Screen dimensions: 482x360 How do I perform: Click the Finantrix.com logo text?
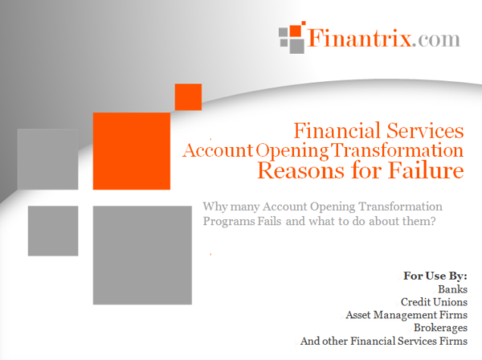point(384,38)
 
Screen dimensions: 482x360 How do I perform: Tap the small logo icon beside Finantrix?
point(292,37)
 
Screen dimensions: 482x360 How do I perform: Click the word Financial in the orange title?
point(337,131)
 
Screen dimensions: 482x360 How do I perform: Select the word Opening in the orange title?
point(292,151)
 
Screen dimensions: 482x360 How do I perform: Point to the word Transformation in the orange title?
point(397,150)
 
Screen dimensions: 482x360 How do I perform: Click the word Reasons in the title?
point(300,170)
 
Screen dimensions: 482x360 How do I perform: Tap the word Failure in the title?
point(426,170)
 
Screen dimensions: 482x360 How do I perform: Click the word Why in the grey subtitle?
point(215,207)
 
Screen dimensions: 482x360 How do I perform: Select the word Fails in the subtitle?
point(269,221)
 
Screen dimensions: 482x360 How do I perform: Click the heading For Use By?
point(435,276)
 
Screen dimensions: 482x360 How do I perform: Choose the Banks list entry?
point(452,289)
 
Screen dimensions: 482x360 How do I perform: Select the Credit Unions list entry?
point(434,302)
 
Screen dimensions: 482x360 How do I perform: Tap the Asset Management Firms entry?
point(406,315)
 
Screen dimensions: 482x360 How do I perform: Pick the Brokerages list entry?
point(440,328)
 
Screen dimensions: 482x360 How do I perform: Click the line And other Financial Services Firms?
point(384,341)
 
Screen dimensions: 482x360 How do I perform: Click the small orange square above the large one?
point(188,97)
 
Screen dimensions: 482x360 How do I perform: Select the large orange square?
point(132,151)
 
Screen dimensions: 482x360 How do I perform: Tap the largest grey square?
point(142,256)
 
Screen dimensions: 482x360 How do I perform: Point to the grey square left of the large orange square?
point(47,159)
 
